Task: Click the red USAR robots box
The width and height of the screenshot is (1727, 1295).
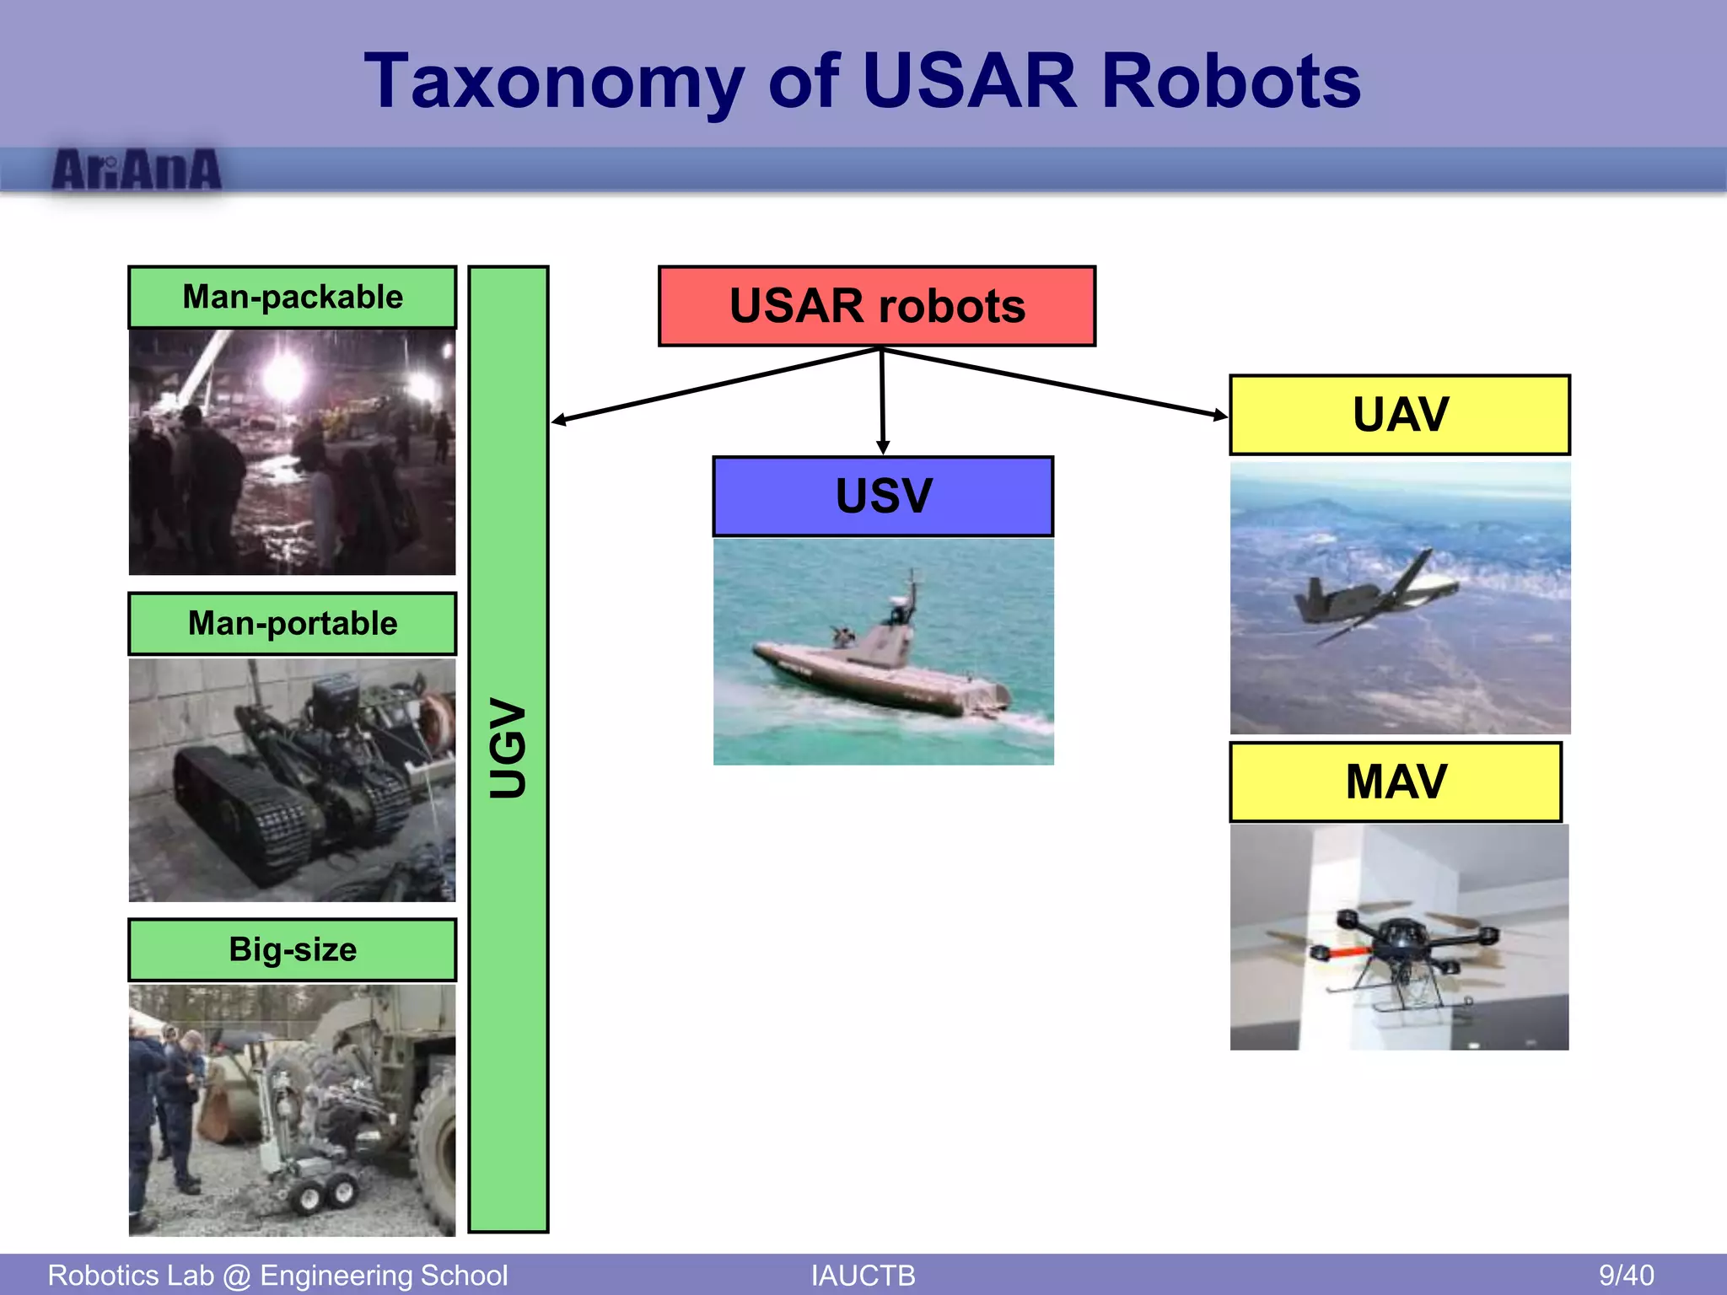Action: click(x=877, y=306)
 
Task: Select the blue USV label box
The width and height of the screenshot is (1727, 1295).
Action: click(x=883, y=497)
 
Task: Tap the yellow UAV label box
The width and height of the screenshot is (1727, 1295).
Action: click(x=1400, y=415)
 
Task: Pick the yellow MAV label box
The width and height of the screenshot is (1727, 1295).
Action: click(x=1396, y=782)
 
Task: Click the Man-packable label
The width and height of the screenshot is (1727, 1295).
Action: click(x=293, y=298)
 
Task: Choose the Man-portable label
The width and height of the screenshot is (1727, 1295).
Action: click(x=293, y=624)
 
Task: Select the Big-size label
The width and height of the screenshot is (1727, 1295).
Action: click(x=293, y=950)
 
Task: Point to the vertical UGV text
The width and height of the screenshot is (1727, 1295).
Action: click(x=508, y=748)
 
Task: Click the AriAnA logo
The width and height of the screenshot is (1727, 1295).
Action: click(x=137, y=169)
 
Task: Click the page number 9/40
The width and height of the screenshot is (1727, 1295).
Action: click(x=1626, y=1275)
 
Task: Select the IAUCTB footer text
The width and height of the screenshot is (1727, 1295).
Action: click(x=863, y=1275)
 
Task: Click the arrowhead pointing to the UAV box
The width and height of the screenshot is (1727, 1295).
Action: click(x=1221, y=414)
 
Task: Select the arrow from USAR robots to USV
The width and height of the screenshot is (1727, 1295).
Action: click(x=882, y=400)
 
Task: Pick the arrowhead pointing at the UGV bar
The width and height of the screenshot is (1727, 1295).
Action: click(x=559, y=420)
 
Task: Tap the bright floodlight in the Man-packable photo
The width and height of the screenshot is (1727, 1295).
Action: click(x=284, y=375)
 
